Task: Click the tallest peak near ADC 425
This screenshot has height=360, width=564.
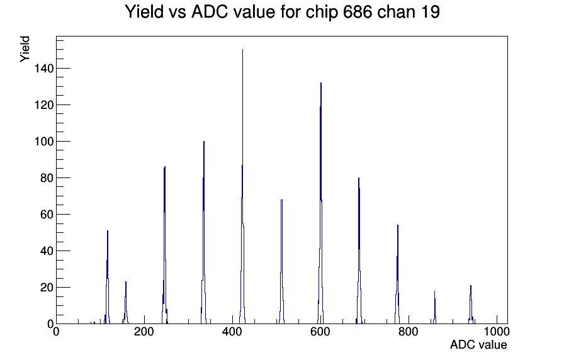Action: (242, 187)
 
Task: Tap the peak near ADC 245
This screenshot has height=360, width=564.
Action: (164, 245)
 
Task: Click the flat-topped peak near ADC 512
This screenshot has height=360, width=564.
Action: (281, 262)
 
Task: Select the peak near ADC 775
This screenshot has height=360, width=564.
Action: (397, 274)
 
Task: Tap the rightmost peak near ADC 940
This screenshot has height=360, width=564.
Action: (470, 305)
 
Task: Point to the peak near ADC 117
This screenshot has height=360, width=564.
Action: (107, 278)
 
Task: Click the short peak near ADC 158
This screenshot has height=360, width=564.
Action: (125, 303)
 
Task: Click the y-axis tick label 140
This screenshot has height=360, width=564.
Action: (43, 69)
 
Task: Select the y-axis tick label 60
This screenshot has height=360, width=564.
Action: (47, 215)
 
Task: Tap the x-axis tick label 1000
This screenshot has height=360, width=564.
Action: (497, 332)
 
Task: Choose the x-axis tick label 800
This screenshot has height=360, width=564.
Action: (409, 332)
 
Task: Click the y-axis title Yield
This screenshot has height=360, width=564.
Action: (25, 49)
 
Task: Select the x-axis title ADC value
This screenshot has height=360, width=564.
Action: (478, 345)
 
